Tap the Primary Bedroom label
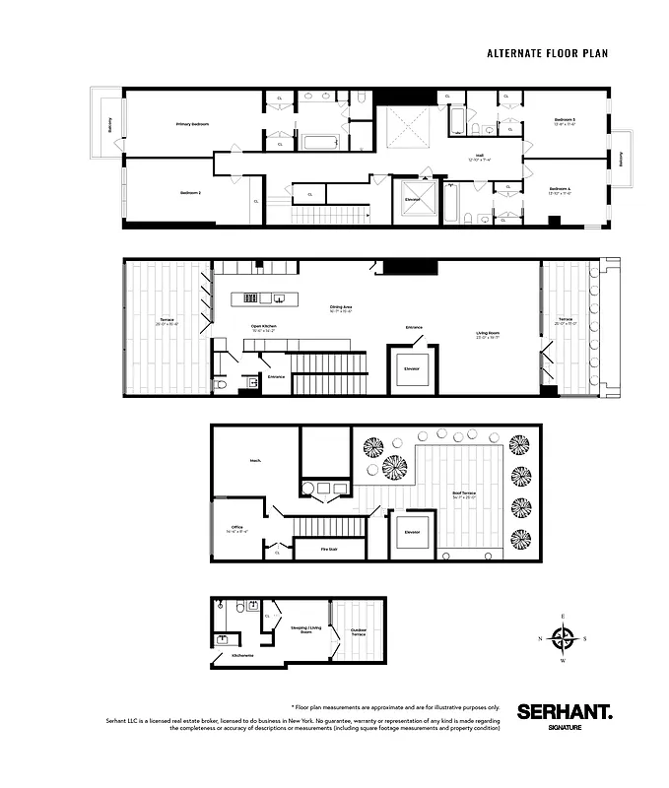(192, 124)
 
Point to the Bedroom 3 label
(565, 121)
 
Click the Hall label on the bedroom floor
(479, 156)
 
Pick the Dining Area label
(341, 308)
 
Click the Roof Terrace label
(464, 493)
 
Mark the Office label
(235, 528)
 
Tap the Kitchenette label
(241, 654)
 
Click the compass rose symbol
(564, 639)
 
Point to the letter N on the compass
(540, 639)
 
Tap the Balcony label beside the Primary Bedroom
(109, 125)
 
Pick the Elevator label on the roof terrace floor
(412, 532)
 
